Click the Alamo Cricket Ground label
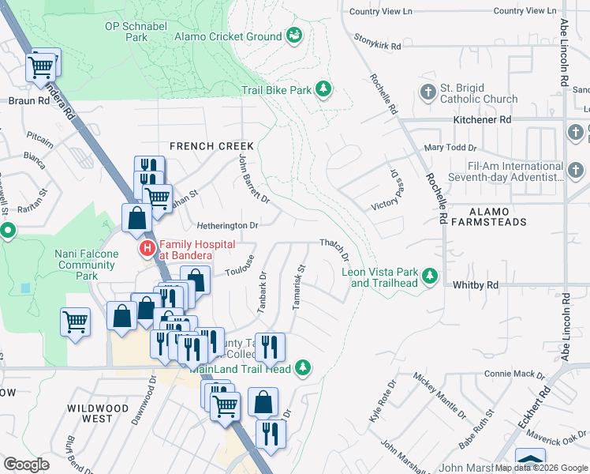(228, 36)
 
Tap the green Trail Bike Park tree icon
(323, 89)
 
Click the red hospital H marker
(147, 250)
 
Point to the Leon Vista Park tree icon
(430, 276)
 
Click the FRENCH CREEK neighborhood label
(211, 146)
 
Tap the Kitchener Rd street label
(482, 119)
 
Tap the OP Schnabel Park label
(137, 32)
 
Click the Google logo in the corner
(26, 465)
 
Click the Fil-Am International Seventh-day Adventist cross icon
(574, 170)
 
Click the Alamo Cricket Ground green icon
(294, 36)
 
